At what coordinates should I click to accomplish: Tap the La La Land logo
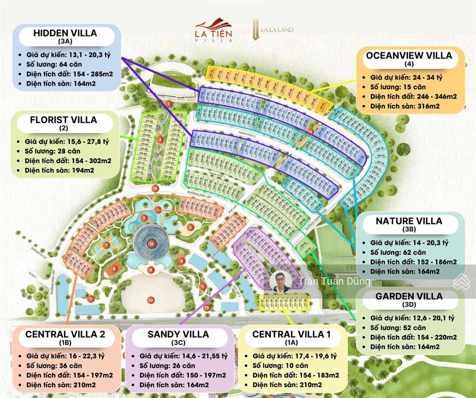pyautogui.click(x=273, y=30)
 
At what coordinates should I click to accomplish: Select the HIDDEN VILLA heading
pyautogui.click(x=65, y=33)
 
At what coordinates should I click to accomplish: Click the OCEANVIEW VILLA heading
pyautogui.click(x=409, y=55)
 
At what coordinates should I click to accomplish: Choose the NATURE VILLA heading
pyautogui.click(x=409, y=221)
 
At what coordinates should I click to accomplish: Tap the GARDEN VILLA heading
pyautogui.click(x=409, y=296)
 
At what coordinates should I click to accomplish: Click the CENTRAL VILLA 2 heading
pyautogui.click(x=65, y=334)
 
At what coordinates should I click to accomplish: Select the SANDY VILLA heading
pyautogui.click(x=178, y=334)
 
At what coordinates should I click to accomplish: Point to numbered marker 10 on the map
pyautogui.click(x=151, y=300)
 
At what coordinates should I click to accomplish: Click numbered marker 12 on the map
pyautogui.click(x=311, y=132)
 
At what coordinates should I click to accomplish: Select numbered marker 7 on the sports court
pyautogui.click(x=107, y=245)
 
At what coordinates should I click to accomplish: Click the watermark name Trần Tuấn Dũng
pyautogui.click(x=335, y=281)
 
